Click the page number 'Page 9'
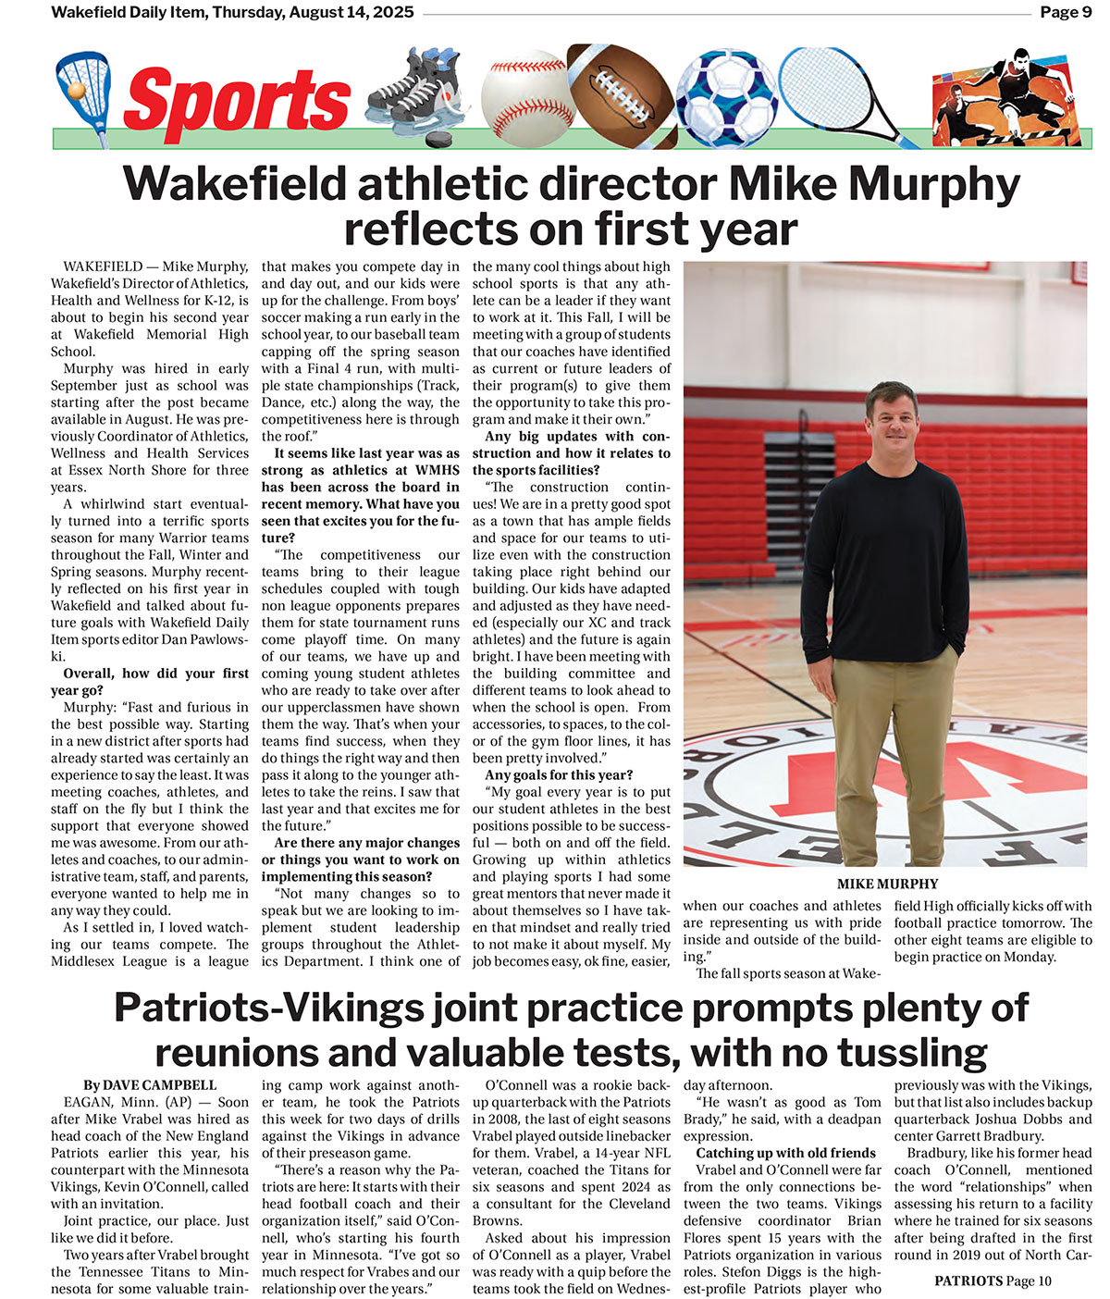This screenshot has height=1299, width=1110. (x=1066, y=12)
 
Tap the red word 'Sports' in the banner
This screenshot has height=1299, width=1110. (x=237, y=101)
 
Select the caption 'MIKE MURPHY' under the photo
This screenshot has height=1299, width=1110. (x=887, y=884)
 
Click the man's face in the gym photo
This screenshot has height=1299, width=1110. (x=890, y=416)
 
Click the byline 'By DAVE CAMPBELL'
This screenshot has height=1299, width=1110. (x=150, y=1085)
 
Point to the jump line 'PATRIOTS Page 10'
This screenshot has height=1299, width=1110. (x=993, y=1281)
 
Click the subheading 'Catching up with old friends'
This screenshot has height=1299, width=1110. (x=785, y=1153)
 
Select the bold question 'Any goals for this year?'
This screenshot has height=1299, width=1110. (x=559, y=775)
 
